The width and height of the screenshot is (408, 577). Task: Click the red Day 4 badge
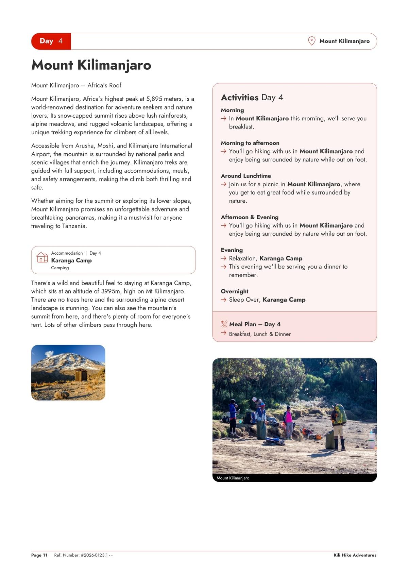click(x=51, y=41)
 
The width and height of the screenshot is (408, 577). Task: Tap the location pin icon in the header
click(x=311, y=41)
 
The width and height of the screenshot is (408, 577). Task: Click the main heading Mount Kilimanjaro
click(x=91, y=65)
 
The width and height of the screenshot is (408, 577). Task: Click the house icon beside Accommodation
click(x=42, y=257)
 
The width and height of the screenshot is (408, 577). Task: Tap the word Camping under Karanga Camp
click(x=60, y=268)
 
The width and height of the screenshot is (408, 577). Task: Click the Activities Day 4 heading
click(x=252, y=98)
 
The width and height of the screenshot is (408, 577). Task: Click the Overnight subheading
click(x=235, y=291)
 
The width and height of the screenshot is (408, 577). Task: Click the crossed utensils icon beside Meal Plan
click(x=224, y=324)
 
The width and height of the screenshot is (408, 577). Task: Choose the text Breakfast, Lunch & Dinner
click(x=260, y=334)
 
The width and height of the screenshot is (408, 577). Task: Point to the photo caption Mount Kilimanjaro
click(x=233, y=478)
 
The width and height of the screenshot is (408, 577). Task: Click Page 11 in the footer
click(x=39, y=555)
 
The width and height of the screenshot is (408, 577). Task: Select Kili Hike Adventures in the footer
click(x=355, y=555)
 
